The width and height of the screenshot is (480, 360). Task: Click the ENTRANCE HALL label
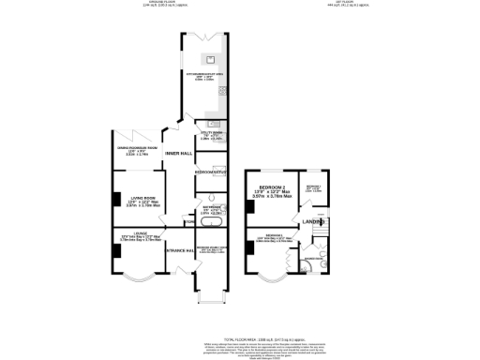[178, 250]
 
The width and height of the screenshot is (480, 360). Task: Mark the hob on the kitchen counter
[222, 92]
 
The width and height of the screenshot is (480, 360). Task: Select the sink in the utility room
[213, 123]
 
